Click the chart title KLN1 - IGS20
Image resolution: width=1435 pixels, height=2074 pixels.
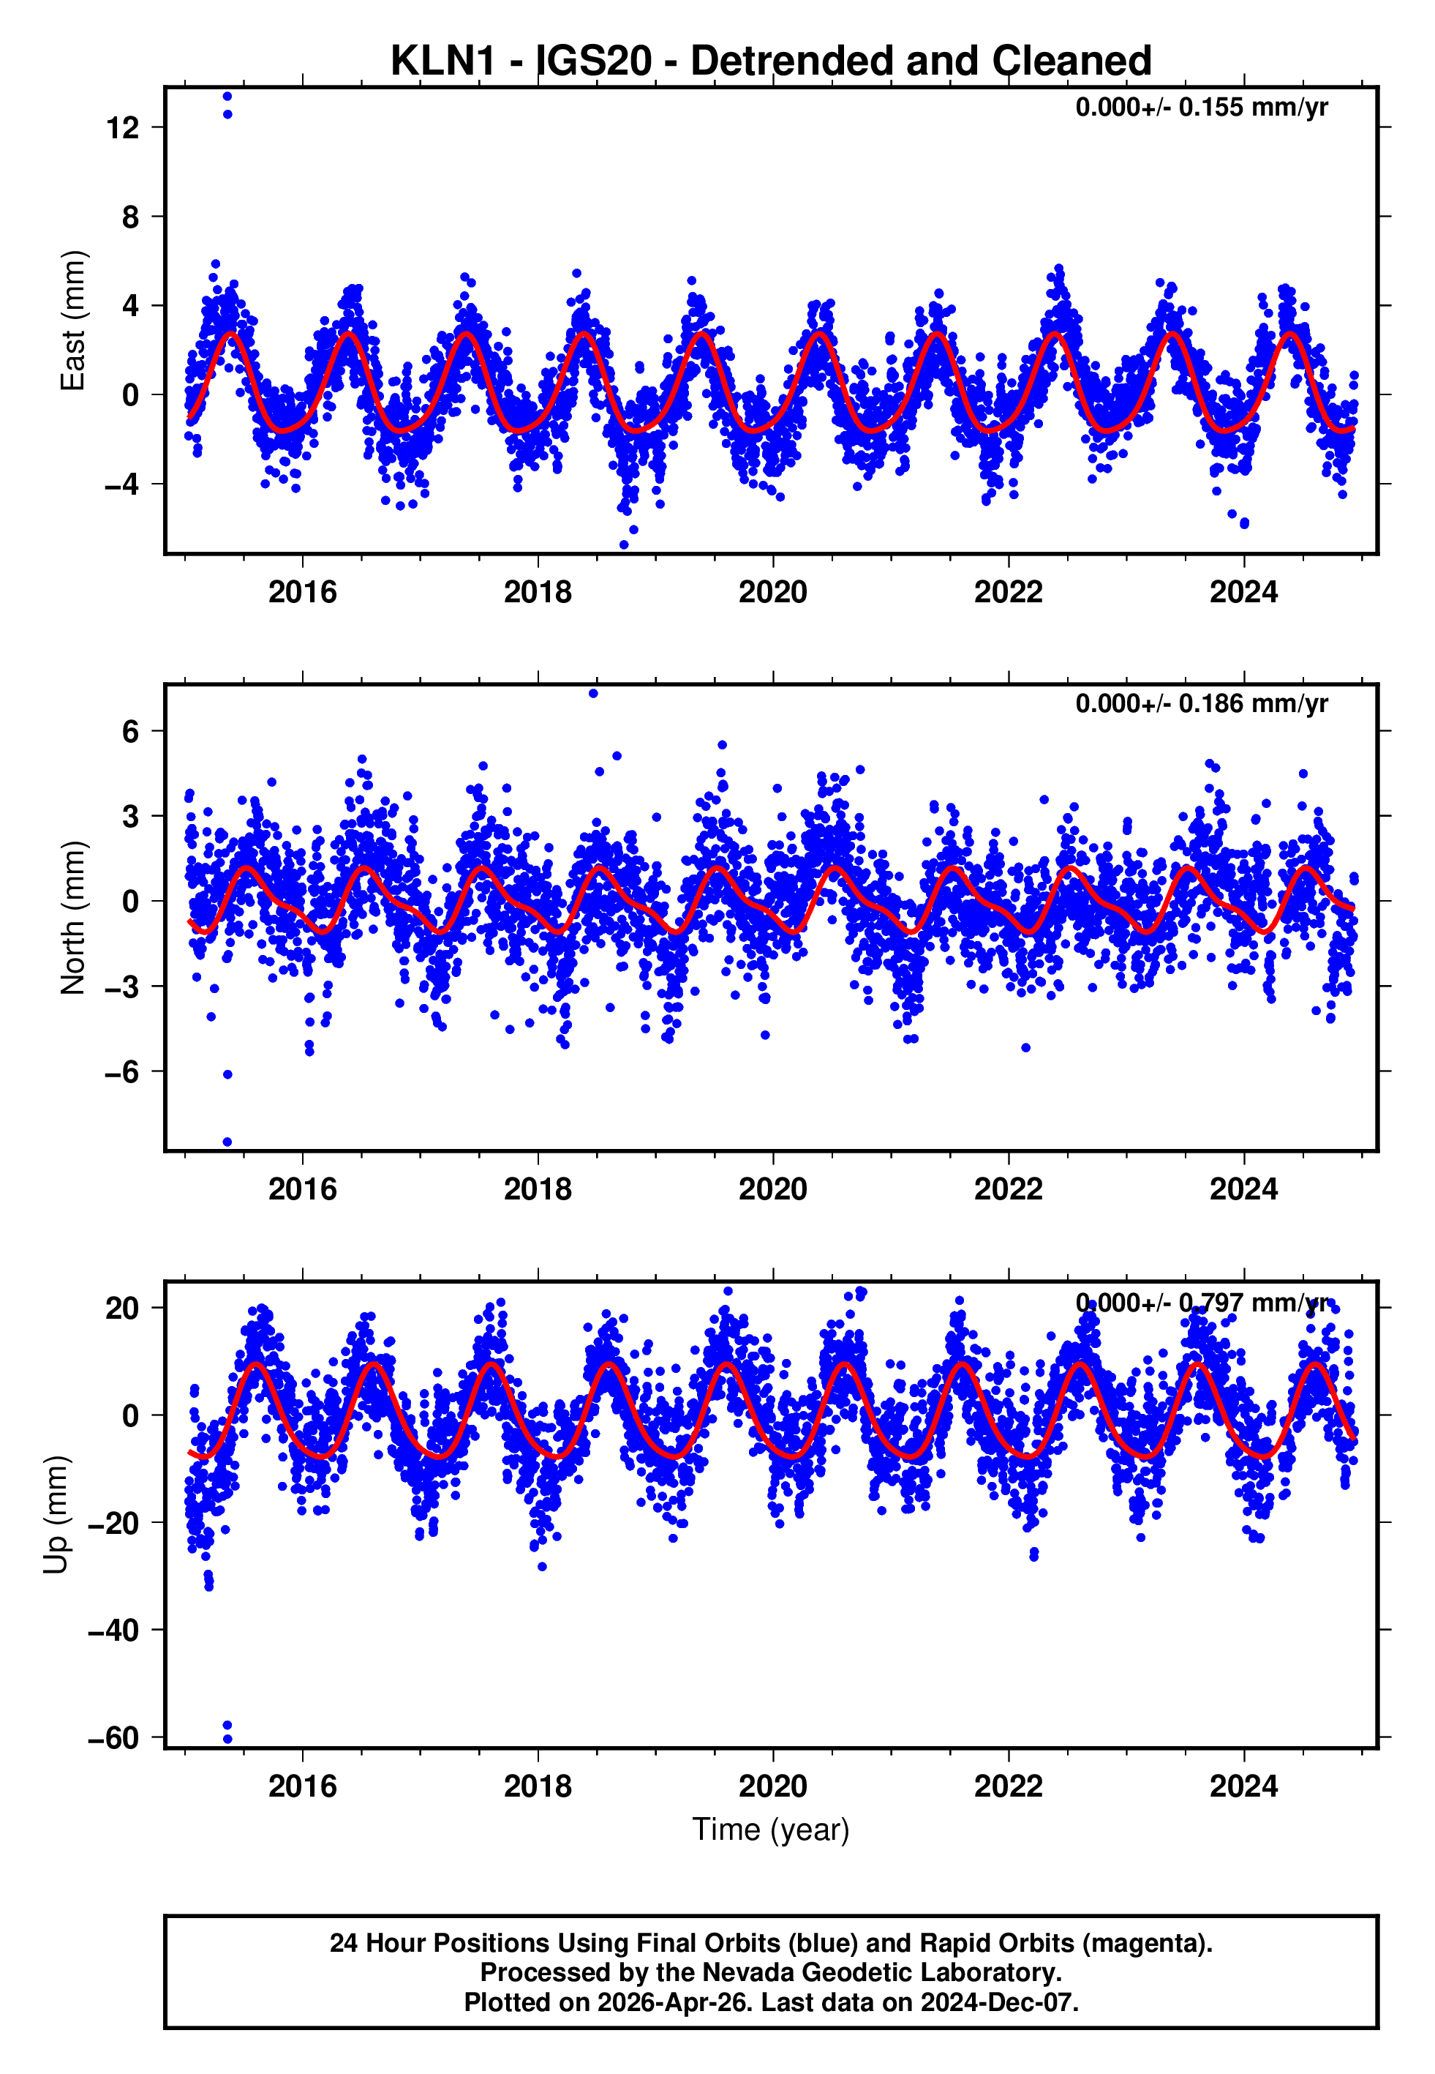(x=771, y=61)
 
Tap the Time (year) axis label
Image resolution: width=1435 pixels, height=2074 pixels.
(x=771, y=1830)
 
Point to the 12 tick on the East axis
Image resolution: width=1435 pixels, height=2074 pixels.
(x=122, y=128)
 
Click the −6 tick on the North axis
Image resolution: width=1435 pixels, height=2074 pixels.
(x=122, y=1071)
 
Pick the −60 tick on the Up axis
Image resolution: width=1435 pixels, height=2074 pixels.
(x=113, y=1737)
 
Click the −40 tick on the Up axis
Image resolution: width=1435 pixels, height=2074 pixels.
(x=113, y=1630)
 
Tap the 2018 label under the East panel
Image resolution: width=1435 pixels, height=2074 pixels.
(x=538, y=592)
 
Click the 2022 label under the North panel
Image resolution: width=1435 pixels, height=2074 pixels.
(x=1008, y=1189)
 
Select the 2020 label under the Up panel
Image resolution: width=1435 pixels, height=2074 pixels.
(x=772, y=1786)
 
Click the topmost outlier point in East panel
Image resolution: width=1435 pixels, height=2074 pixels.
(x=227, y=96)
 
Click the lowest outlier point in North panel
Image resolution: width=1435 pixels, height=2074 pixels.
(x=227, y=1142)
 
